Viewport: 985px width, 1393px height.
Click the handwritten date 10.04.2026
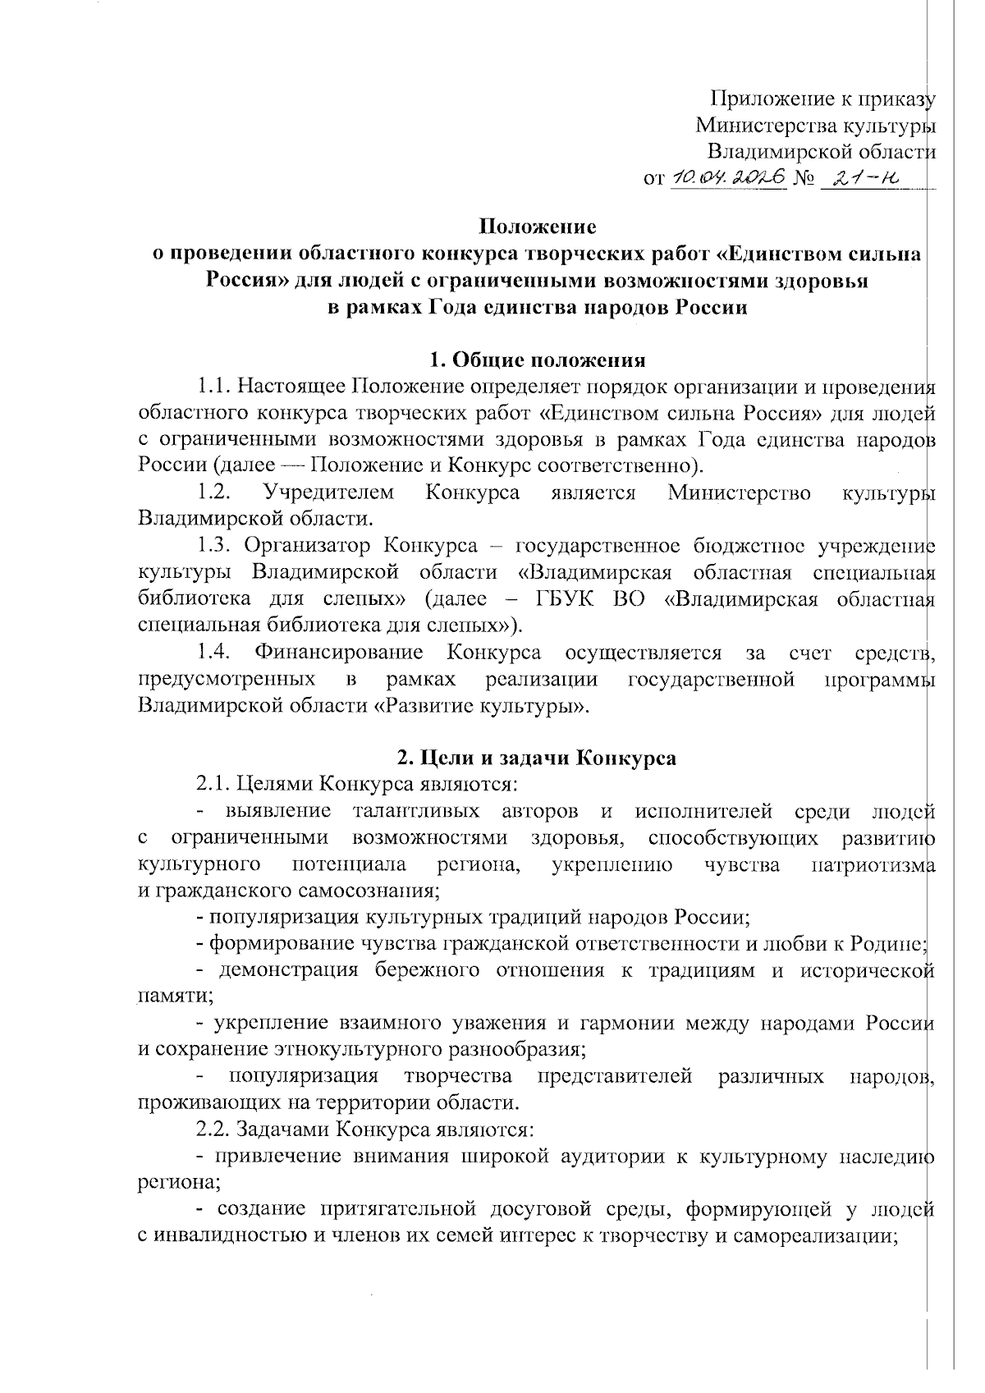tap(729, 177)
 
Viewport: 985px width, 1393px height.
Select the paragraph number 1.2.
tap(213, 493)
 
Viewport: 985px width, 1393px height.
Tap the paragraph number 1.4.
tap(213, 653)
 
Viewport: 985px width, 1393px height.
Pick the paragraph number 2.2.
tap(213, 1129)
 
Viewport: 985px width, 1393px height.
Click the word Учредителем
tap(328, 493)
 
